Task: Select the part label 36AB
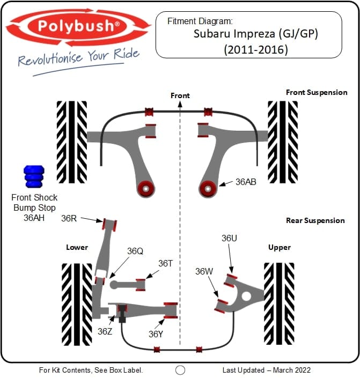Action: tap(246, 182)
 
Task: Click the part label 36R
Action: tap(70, 218)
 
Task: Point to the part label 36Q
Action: tap(135, 250)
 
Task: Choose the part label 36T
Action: tap(165, 263)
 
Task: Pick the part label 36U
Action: tap(229, 238)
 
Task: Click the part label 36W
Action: tap(204, 271)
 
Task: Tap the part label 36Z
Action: tap(105, 331)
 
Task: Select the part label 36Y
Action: tap(156, 334)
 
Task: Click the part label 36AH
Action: tap(33, 218)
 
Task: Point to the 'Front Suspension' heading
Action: tap(317, 92)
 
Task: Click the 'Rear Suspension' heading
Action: tap(315, 220)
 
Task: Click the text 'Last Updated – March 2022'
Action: tap(266, 370)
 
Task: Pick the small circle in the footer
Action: tap(180, 370)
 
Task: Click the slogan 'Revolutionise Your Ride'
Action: tap(78, 57)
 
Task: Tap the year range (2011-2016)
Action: tap(249, 50)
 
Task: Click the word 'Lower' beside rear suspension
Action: tap(77, 247)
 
